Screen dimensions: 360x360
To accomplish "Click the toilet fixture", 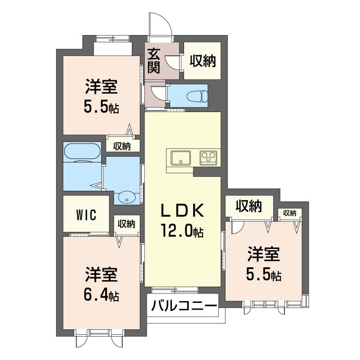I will click(x=198, y=96).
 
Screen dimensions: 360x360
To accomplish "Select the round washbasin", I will click(x=128, y=196).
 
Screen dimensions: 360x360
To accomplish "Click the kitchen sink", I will click(x=180, y=158).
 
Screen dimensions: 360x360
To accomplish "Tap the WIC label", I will click(x=85, y=214).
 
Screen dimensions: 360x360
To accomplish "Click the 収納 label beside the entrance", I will click(x=202, y=61).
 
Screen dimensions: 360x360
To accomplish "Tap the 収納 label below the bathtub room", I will click(x=121, y=146).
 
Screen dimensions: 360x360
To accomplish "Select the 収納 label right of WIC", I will click(x=126, y=224).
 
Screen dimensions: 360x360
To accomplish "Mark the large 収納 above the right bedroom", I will click(x=249, y=206).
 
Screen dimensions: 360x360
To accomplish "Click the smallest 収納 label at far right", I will click(x=289, y=213).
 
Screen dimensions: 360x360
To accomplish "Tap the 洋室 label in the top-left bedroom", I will click(x=101, y=86).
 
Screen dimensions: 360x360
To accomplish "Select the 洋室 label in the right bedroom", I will click(x=263, y=255).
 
